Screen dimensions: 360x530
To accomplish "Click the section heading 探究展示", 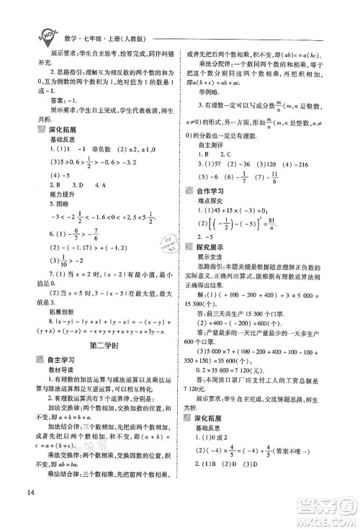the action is (x=224, y=296).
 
